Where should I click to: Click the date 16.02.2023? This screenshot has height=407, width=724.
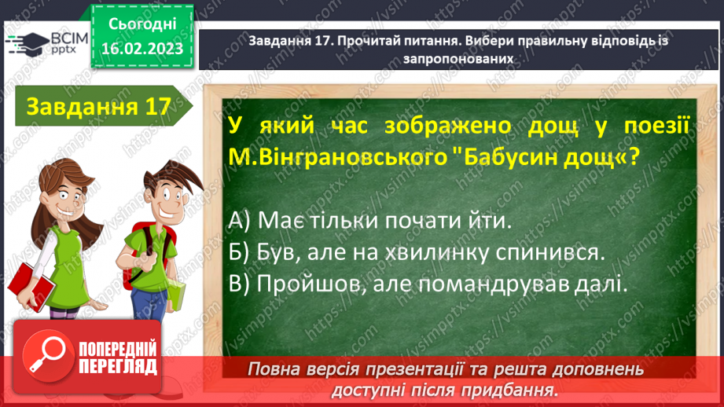(141, 49)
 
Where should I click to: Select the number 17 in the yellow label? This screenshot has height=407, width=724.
(154, 107)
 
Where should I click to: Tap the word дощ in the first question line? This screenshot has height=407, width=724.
(523, 126)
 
